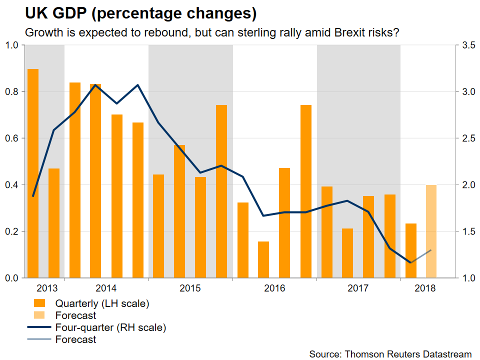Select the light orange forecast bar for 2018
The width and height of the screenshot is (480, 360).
click(431, 231)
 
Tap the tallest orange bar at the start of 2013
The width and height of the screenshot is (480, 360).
click(33, 173)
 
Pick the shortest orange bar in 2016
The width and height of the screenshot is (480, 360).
click(263, 259)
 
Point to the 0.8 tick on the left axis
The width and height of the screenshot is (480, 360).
click(12, 91)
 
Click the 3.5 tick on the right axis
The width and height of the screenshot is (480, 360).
click(468, 45)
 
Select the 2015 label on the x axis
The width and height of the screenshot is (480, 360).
click(190, 288)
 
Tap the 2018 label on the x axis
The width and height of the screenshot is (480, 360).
click(424, 288)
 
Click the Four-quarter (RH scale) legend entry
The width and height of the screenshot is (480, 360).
click(110, 328)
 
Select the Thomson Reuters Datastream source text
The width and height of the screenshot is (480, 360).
click(390, 354)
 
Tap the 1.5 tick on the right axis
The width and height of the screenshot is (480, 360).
click(468, 231)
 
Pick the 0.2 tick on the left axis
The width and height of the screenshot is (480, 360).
click(12, 231)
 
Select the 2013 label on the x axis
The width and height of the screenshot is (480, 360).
click(47, 288)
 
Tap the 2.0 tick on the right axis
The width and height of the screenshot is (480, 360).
click(468, 185)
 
